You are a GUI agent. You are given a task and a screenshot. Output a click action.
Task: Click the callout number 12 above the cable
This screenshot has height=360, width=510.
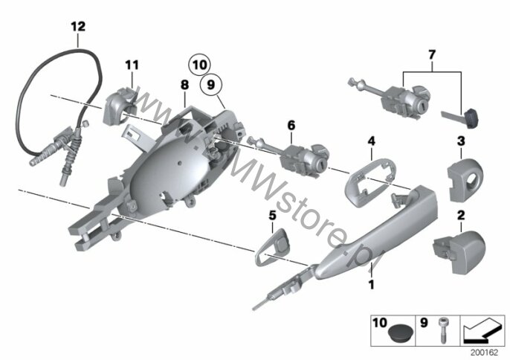(78, 26)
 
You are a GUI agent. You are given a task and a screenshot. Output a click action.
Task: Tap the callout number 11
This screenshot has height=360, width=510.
(132, 65)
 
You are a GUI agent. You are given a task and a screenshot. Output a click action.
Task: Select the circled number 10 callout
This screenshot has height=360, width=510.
(199, 65)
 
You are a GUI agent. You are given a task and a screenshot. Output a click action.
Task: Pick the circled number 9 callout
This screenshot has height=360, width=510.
(211, 85)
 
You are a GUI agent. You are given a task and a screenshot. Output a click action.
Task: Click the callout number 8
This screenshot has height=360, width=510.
(184, 86)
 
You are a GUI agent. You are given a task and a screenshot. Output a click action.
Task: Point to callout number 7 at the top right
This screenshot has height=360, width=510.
(432, 55)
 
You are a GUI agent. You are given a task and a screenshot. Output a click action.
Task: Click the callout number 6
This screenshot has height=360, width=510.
(291, 125)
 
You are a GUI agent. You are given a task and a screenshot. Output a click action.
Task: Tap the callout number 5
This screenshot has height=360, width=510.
(272, 215)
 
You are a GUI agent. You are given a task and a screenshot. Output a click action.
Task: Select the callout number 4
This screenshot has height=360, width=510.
(372, 141)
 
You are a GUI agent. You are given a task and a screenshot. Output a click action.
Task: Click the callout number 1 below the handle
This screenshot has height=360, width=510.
(371, 285)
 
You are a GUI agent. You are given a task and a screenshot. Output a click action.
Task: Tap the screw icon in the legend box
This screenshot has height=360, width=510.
(442, 330)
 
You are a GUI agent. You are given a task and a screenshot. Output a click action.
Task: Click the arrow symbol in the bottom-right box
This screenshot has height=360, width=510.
(482, 331)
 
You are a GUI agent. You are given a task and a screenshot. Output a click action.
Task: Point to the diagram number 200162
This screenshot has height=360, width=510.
(484, 353)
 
